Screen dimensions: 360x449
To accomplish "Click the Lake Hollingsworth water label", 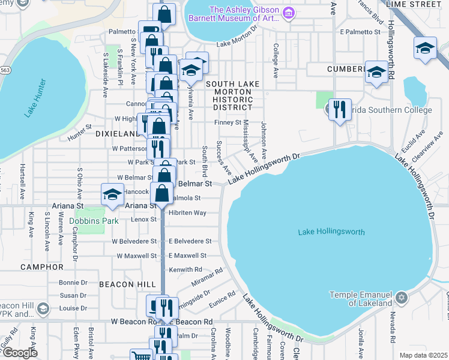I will [x=331, y=232].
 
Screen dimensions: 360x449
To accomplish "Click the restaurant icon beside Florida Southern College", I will [x=340, y=110].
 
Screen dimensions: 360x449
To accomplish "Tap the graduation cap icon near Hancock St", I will [x=112, y=194].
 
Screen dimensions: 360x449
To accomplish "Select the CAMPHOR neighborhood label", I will [x=41, y=266].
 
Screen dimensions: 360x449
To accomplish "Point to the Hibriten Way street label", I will [x=187, y=213].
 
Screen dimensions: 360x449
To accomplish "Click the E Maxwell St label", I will [x=187, y=256].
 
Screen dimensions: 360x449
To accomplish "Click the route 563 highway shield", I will [x=5, y=70].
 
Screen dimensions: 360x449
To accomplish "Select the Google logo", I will [x=20, y=353].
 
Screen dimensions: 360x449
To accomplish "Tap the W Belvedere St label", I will [x=133, y=241].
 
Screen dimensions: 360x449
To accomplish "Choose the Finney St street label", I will [x=228, y=123].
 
